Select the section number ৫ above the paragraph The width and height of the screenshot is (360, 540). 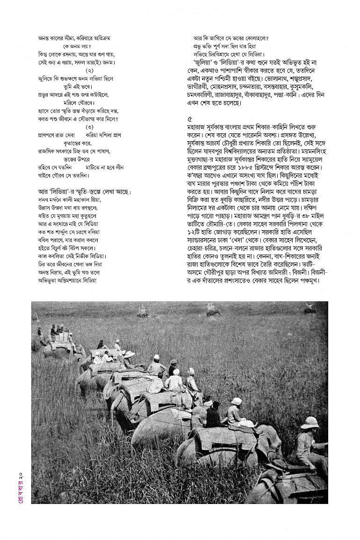(x=189, y=119)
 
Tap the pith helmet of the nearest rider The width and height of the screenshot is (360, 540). (x=310, y=423)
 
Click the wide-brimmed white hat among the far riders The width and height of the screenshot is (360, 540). (x=129, y=354)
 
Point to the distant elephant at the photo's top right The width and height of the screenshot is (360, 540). (x=310, y=308)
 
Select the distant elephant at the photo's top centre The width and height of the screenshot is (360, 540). (x=213, y=309)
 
